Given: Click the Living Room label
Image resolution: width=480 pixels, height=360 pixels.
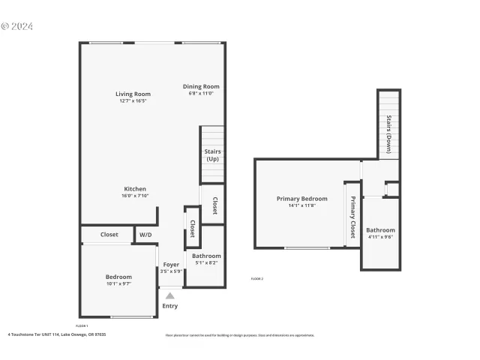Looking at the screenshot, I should (133, 94).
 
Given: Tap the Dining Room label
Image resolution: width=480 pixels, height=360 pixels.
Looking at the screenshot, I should (201, 86).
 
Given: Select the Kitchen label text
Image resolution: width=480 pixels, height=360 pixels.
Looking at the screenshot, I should (135, 189).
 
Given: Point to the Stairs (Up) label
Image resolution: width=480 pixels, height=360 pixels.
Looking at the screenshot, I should (212, 155).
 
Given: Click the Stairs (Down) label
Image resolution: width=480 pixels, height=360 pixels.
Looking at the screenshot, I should (388, 133).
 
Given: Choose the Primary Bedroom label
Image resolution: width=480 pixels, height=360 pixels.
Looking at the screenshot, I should (301, 199).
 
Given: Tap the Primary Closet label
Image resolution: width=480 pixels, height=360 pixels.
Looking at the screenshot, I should (352, 214).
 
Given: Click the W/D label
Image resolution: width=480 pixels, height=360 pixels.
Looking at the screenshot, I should (145, 235).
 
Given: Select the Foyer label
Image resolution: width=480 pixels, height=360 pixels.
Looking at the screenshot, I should (171, 265).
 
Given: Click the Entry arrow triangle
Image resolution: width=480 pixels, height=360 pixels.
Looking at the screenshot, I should (170, 295).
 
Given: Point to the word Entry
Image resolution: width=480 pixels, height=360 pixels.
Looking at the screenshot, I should (170, 306).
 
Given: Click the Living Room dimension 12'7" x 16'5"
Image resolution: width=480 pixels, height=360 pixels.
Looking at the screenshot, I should (133, 101).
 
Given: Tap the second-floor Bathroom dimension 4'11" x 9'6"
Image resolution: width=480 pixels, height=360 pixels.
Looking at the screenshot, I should (380, 237).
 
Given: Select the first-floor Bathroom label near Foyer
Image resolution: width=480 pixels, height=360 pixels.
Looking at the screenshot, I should (206, 256).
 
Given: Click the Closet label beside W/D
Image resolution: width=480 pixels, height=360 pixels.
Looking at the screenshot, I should (109, 235).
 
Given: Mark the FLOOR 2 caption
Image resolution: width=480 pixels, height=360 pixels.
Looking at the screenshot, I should (256, 278).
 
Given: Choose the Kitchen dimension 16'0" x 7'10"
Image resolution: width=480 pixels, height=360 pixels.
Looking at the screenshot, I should (135, 196).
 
